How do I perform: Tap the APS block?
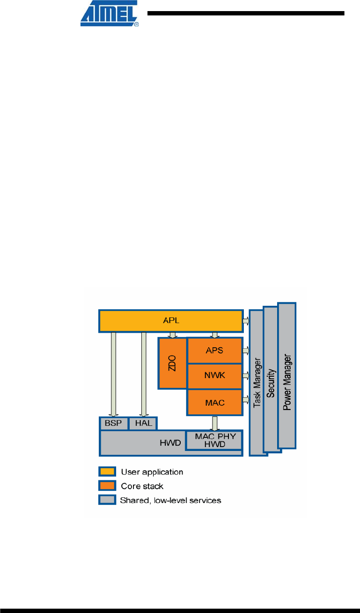pos(214,351)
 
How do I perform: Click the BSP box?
pos(114,423)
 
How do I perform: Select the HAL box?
pos(143,423)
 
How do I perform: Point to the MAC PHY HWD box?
pos(213,440)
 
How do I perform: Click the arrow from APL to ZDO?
pos(172,334)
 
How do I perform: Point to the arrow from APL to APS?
pos(214,334)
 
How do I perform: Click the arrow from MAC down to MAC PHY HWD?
pos(214,423)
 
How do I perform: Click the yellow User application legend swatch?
pos(107,471)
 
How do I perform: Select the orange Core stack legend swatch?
pos(107,486)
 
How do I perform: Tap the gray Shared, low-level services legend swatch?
pos(107,500)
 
